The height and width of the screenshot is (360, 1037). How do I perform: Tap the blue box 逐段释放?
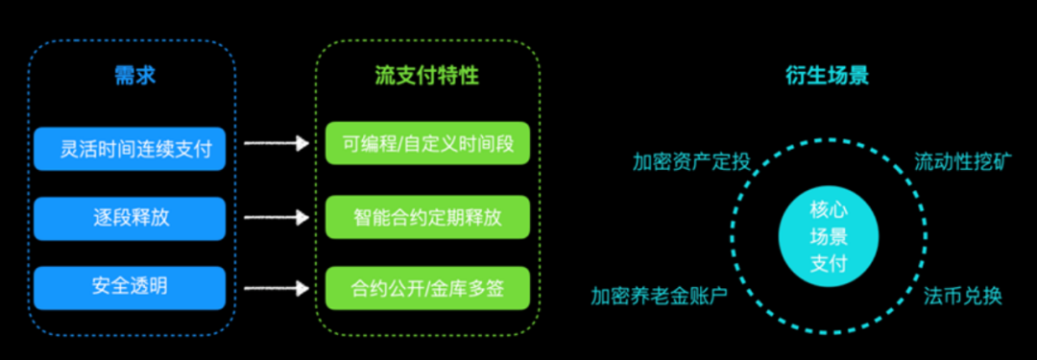(130, 217)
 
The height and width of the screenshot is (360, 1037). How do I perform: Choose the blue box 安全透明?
(130, 287)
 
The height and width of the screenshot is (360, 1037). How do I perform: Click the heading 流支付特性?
(427, 76)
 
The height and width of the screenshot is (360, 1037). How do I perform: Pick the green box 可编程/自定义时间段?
(427, 144)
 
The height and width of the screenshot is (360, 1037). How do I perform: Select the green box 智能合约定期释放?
(427, 216)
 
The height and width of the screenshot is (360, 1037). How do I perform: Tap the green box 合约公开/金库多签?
(427, 287)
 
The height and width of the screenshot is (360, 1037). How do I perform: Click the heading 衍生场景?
(828, 76)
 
